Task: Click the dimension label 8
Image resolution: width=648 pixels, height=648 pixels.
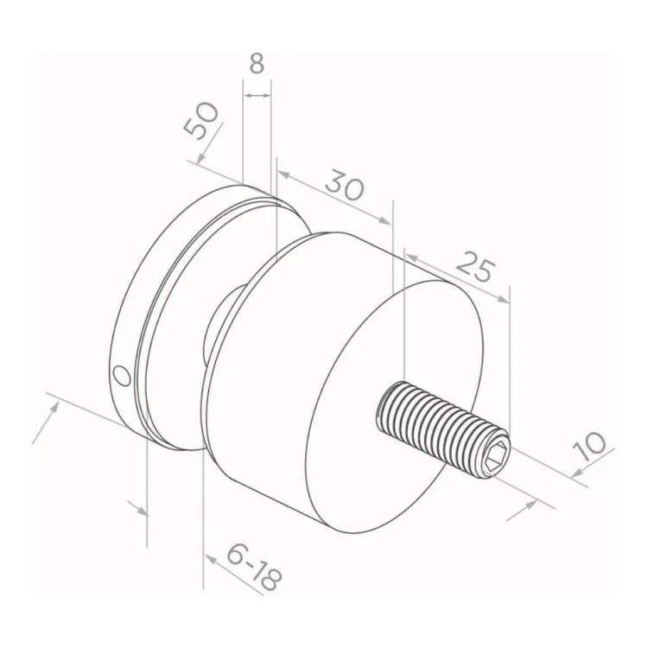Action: pos(257,64)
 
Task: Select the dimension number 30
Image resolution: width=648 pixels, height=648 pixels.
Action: pos(345,188)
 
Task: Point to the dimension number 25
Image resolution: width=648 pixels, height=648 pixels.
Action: pos(475,266)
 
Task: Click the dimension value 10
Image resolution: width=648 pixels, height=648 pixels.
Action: pos(589,447)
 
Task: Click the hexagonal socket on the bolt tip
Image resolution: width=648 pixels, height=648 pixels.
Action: pos(496,457)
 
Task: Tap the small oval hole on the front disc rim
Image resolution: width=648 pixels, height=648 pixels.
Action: pos(122,375)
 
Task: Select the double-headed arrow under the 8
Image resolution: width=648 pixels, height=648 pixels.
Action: pos(257,95)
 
